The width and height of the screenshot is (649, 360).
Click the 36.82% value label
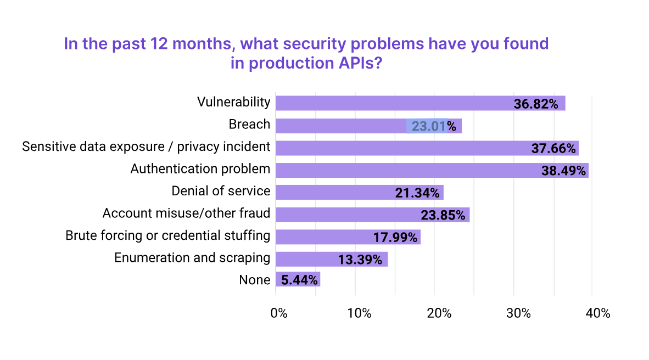[536, 104]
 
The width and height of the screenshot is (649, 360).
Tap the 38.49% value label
[563, 171]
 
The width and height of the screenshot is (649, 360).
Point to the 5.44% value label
[299, 280]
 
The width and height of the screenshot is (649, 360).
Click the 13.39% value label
[360, 259]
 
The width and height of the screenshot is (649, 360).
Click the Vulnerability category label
[234, 102]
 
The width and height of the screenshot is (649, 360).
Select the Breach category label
[249, 125]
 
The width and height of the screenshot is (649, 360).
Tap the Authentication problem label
[200, 168]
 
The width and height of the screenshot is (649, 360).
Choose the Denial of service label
[221, 191]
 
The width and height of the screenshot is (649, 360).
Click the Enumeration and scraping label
[192, 257]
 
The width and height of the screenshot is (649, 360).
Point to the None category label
[255, 280]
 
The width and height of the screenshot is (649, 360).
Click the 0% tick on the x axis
[279, 313]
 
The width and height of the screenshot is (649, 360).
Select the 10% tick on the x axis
[359, 313]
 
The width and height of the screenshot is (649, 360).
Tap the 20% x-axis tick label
[439, 313]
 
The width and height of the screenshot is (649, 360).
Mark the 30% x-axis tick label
[518, 313]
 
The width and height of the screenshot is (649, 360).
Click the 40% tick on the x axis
[597, 313]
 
